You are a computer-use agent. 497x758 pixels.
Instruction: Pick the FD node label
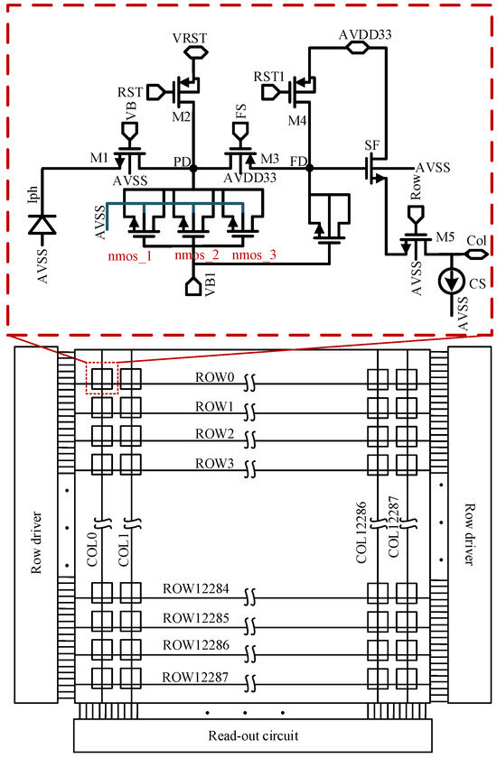click(x=296, y=162)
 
